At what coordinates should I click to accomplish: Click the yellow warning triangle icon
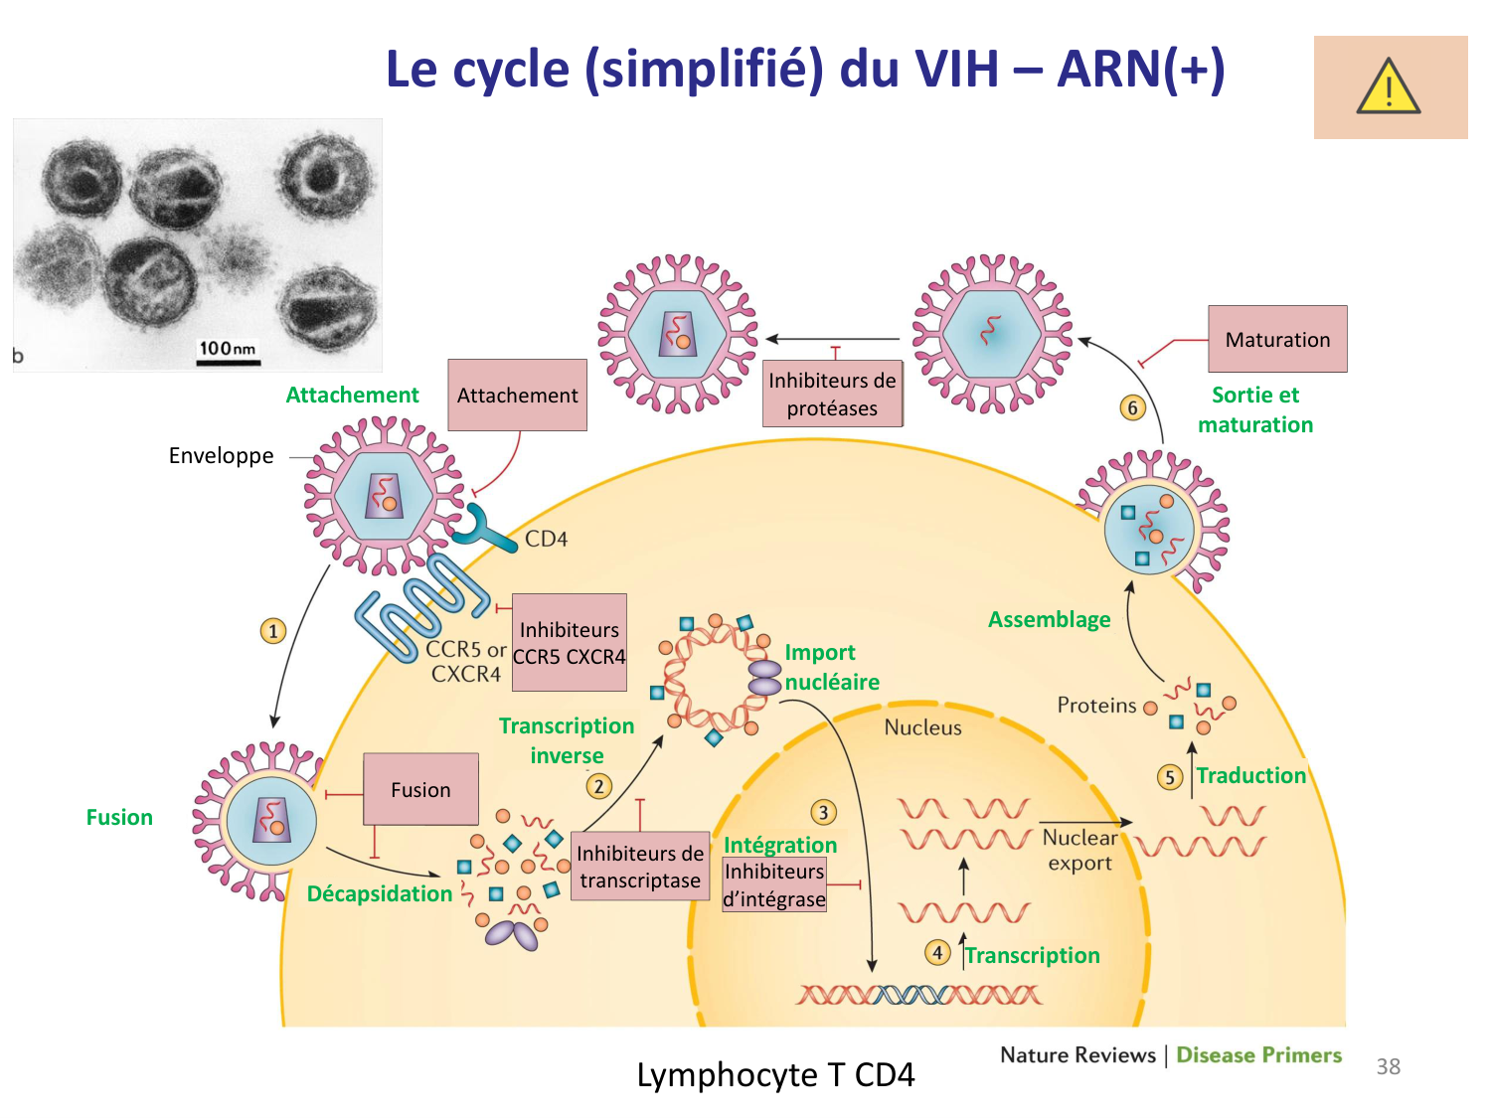pos(1389,86)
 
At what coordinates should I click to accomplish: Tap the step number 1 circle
pos(273,631)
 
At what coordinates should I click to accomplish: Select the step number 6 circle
pos(1132,407)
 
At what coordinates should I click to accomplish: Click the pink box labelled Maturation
pos(1277,339)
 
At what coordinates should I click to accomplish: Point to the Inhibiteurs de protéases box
pos(832,394)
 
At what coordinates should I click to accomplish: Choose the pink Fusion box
pos(420,789)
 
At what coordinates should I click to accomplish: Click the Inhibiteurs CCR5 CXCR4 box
pos(570,643)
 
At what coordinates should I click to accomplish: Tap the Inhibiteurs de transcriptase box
pos(640,867)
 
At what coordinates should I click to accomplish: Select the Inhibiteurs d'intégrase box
pos(774,884)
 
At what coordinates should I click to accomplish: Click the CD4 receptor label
pos(546,539)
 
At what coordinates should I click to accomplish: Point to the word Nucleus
pos(923,727)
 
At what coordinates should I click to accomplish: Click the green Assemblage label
pos(1049,620)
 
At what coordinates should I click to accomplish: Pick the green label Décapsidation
pos(380,893)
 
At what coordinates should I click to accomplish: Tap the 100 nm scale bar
pos(228,362)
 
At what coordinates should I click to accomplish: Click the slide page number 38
pos(1388,1066)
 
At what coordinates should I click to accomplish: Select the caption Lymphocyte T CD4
pos(775,1074)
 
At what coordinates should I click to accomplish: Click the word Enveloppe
pos(221,456)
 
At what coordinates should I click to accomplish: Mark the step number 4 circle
pos(936,953)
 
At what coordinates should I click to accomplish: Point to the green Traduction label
pos(1250,776)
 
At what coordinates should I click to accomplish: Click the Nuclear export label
pos(1079,850)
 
